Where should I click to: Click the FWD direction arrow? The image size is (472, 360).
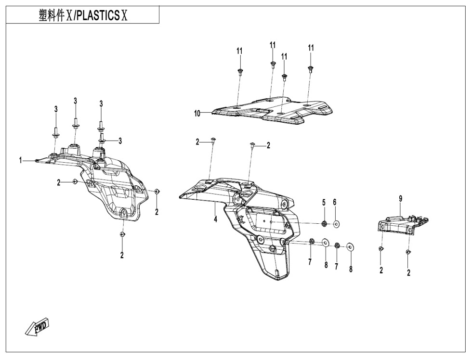[x=37, y=327]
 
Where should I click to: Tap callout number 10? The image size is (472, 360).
[x=197, y=114]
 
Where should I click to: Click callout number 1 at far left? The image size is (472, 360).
[x=21, y=160]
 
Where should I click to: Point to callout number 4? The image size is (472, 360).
[x=216, y=219]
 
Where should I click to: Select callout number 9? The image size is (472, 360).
[x=401, y=198]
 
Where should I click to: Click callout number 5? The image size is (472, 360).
[x=324, y=202]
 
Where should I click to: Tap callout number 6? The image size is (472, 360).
[x=334, y=202]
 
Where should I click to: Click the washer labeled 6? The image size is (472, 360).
[x=336, y=224]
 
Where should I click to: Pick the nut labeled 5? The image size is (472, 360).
[x=324, y=223]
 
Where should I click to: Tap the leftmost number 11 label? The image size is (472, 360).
[x=239, y=51]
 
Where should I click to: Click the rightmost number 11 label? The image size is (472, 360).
[x=311, y=48]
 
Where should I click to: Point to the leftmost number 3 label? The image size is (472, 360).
[x=56, y=109]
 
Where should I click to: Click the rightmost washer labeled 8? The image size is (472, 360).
[x=350, y=247]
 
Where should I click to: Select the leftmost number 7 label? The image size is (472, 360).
[x=310, y=262]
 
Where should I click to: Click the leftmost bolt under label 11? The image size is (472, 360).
[x=240, y=72]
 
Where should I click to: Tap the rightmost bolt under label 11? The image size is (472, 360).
[x=310, y=69]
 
